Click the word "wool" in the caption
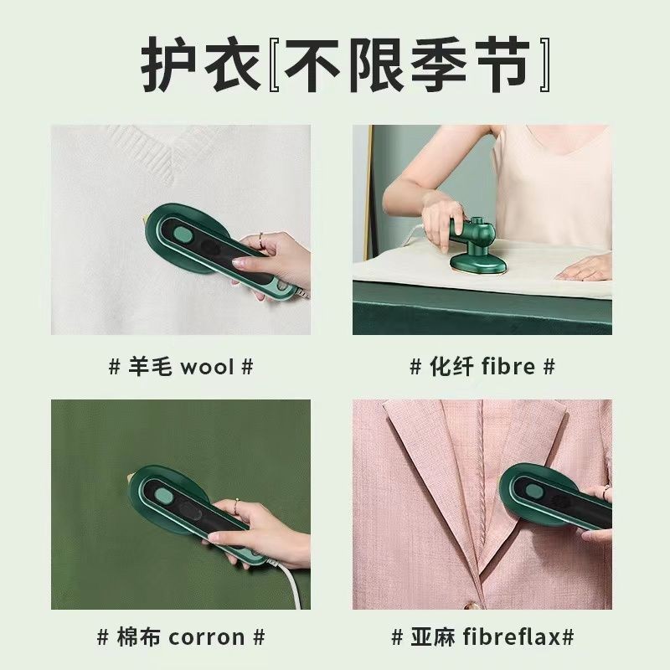tap(207, 368)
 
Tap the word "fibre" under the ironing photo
tap(508, 367)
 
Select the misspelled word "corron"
tap(206, 638)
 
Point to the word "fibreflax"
tap(511, 637)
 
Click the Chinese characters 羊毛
tap(150, 367)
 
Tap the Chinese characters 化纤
tap(451, 367)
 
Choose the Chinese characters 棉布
tap(138, 637)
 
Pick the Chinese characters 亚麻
tap(433, 637)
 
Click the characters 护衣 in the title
tap(201, 64)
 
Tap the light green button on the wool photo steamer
tap(183, 234)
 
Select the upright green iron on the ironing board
tap(474, 245)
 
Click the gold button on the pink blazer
tap(469, 605)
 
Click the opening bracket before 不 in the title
tap(275, 64)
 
